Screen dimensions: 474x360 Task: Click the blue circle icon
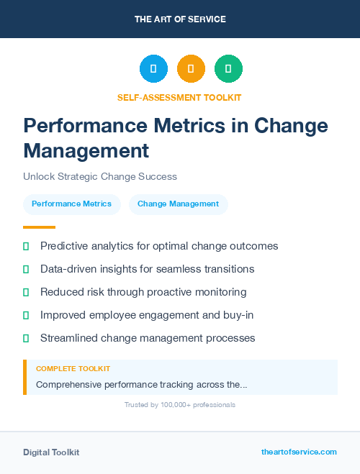pos(153,68)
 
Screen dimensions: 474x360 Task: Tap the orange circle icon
pos(191,68)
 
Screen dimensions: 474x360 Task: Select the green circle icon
pos(228,68)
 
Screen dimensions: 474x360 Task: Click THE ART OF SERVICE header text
pos(180,19)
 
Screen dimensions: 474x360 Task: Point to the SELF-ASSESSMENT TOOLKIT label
pos(179,97)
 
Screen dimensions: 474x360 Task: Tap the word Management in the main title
pos(86,151)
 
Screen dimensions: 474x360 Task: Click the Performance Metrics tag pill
pos(71,204)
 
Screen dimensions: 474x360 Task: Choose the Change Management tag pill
pos(178,204)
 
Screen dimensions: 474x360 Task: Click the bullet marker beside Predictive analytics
pos(26,246)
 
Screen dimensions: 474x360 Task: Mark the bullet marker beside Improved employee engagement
pos(26,315)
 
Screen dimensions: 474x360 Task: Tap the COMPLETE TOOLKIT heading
pos(73,368)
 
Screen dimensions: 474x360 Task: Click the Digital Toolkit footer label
pos(51,452)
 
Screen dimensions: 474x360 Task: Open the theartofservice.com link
pos(299,452)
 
